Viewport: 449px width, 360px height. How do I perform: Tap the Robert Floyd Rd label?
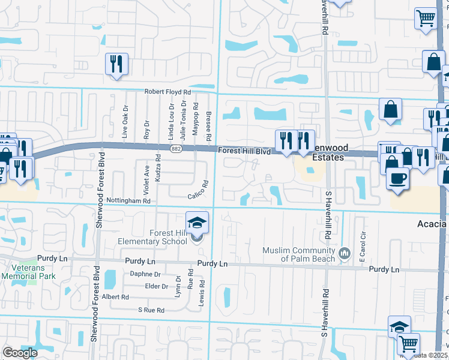coord(167,92)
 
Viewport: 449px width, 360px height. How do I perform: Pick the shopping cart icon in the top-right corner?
coord(425,18)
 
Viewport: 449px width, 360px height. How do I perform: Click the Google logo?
coord(20,353)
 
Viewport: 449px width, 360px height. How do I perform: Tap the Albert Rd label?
coord(116,297)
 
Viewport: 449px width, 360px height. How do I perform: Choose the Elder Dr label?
coord(157,286)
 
